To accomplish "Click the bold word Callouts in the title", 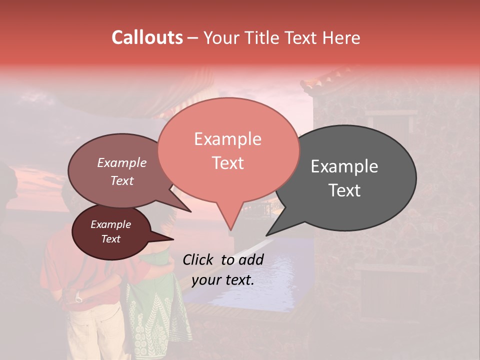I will [147, 37].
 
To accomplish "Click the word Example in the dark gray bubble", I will [344, 166].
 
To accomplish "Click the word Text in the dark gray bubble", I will [344, 190].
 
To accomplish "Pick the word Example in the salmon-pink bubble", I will [227, 139].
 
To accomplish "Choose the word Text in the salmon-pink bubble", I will [227, 162].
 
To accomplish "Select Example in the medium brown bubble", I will [122, 163].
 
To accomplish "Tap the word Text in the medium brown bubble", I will [122, 180].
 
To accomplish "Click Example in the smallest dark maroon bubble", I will [110, 224].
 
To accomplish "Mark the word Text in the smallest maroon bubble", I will [110, 239].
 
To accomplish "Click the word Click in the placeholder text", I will [198, 259].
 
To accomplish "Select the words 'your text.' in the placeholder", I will [223, 280].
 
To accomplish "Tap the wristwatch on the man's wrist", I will [79, 298].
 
